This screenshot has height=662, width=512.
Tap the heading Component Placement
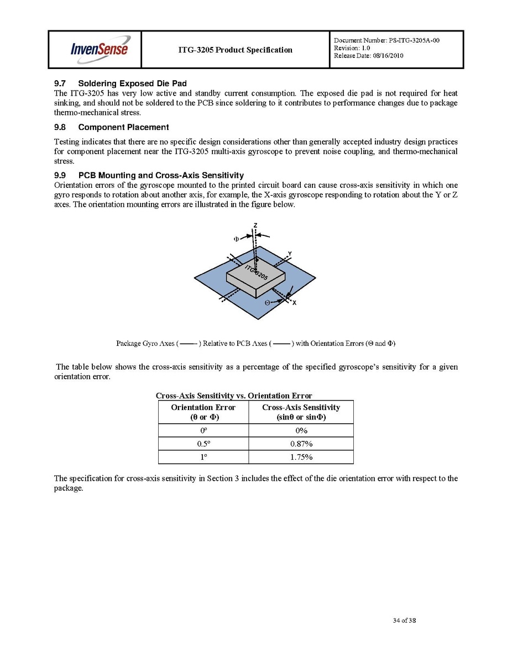[123, 127]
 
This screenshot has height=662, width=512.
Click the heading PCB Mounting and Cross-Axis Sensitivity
[161, 175]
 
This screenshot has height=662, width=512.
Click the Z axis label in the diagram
[255, 225]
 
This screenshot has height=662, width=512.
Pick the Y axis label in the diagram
[289, 254]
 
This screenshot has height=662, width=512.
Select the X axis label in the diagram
[294, 303]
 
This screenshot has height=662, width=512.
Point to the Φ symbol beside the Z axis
[236, 239]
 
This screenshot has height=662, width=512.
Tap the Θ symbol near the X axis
[267, 303]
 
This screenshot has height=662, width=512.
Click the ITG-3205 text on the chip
[257, 272]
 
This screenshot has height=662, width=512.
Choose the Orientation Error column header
[203, 412]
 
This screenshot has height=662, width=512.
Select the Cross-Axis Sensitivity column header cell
[301, 412]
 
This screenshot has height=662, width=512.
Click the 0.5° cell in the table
[203, 444]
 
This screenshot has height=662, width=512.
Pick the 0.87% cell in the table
[301, 444]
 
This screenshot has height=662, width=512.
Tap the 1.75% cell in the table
[301, 457]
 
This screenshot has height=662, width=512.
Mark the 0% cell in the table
[301, 430]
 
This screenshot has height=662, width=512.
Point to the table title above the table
[234, 396]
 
